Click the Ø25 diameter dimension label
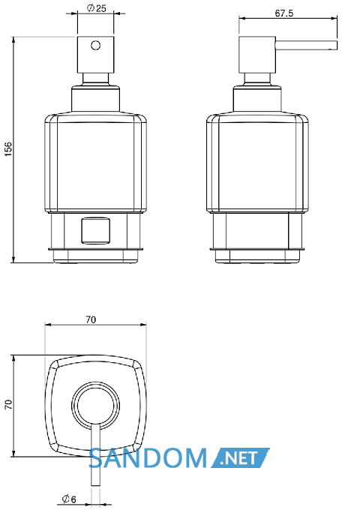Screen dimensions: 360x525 coord(97,7)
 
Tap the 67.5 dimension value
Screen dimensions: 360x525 coord(284,13)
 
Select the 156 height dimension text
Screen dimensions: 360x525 coord(7,149)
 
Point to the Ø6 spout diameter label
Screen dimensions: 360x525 coord(69,499)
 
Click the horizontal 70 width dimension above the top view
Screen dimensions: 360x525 coord(91,319)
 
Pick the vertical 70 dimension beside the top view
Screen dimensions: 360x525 coord(8,404)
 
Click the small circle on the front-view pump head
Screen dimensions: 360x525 coord(96,45)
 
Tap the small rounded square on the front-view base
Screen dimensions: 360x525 coord(96,230)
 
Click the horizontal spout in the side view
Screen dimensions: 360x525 coord(306,45)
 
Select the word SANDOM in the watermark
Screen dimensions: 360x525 coord(148,458)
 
